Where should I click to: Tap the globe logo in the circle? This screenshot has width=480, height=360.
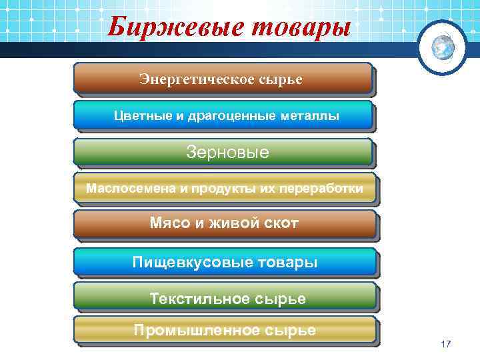tap(442, 47)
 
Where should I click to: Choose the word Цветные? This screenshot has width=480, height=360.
tap(141, 116)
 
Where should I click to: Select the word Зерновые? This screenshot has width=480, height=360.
tap(227, 152)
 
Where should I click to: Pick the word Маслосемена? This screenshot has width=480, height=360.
tap(130, 189)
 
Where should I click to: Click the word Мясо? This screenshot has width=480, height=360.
tap(169, 223)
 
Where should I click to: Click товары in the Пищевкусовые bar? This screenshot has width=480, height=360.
tap(288, 261)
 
